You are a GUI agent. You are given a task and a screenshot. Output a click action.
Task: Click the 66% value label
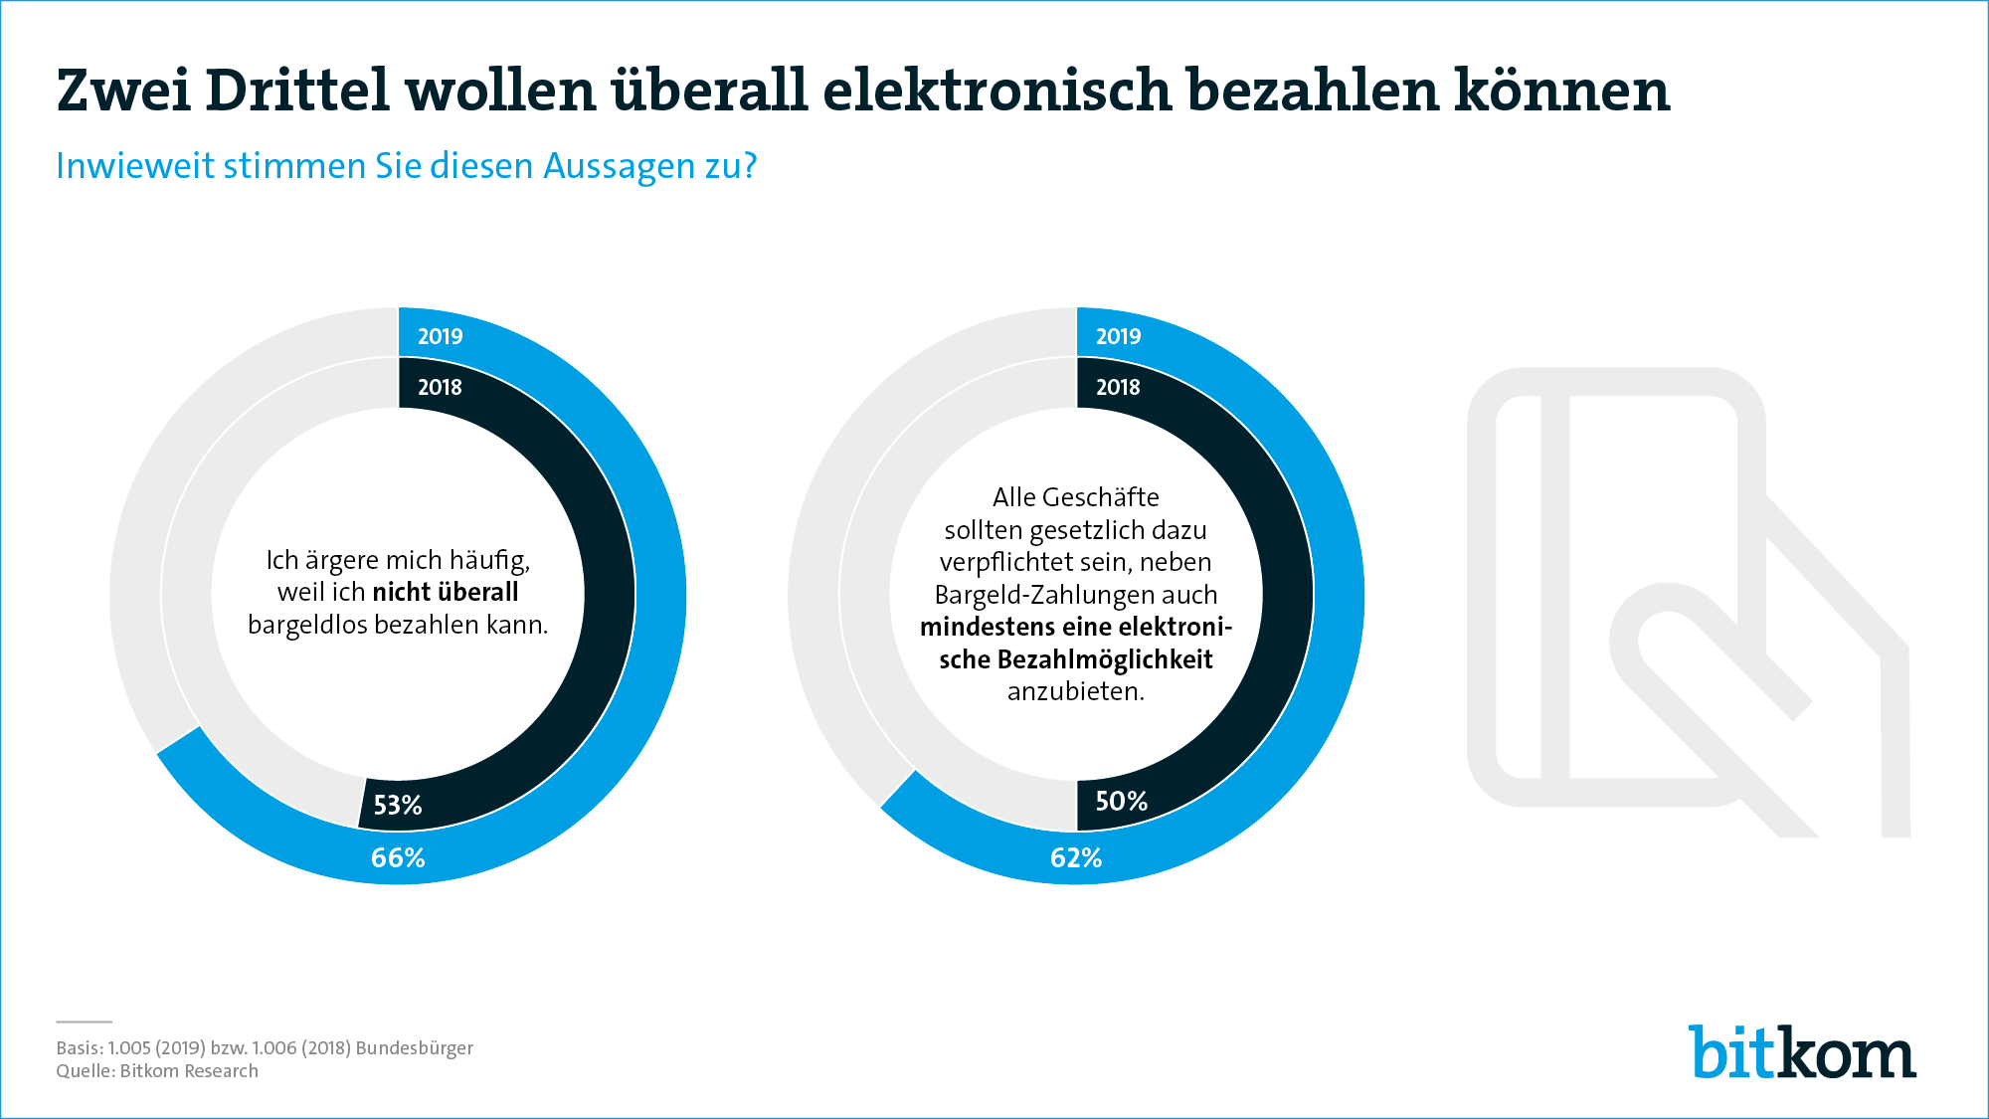pos(398,857)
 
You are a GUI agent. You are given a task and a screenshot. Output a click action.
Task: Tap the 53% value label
pos(398,805)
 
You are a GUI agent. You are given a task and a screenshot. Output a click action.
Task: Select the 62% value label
pos(1076,857)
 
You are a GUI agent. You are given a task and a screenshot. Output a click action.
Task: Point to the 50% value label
pos(1121,802)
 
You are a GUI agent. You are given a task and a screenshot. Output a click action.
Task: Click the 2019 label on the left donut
pos(440,336)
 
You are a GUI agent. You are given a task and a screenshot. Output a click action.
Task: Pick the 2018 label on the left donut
pos(440,387)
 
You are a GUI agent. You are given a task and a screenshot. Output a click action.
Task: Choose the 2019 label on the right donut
pos(1118,336)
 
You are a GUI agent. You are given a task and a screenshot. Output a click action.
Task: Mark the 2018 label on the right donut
pos(1118,387)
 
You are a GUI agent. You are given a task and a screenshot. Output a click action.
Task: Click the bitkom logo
pos(1802,1051)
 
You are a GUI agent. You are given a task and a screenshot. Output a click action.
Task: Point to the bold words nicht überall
pos(445,593)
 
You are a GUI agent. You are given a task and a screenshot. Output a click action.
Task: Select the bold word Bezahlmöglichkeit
pos(1105,659)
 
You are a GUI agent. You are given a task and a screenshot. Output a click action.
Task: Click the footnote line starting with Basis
pos(265,1047)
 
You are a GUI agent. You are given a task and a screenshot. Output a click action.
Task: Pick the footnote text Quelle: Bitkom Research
pos(157,1071)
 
